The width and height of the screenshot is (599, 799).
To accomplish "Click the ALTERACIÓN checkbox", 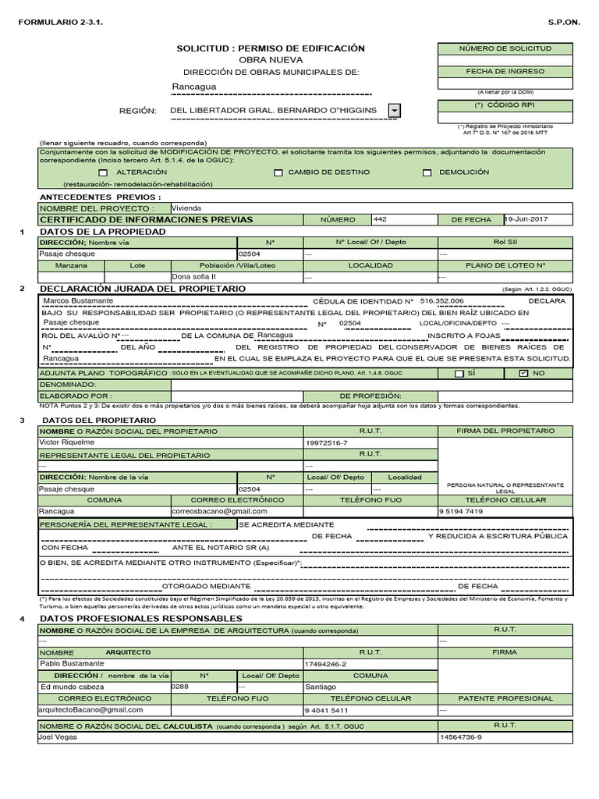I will pyautogui.click(x=103, y=172).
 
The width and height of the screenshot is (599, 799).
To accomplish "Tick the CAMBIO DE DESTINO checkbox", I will pyautogui.click(x=278, y=172).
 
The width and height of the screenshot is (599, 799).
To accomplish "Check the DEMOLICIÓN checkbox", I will pyautogui.click(x=427, y=172).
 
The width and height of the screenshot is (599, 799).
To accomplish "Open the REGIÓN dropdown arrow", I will pyautogui.click(x=395, y=111).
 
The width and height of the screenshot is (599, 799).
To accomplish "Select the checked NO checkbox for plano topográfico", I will pyautogui.click(x=523, y=374).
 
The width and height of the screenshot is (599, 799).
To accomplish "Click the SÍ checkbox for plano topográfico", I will pyautogui.click(x=459, y=374).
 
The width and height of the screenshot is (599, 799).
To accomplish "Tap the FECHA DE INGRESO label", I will pyautogui.click(x=505, y=70).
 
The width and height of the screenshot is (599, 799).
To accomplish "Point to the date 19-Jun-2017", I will pyautogui.click(x=526, y=219).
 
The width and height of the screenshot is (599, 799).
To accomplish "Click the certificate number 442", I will pyautogui.click(x=381, y=219).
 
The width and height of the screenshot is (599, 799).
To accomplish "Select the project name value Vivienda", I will pyautogui.click(x=186, y=208).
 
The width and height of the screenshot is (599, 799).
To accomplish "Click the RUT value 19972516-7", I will pyautogui.click(x=325, y=442).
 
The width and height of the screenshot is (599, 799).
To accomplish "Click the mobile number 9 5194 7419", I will pyautogui.click(x=462, y=511).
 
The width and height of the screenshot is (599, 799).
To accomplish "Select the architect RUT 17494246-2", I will pyautogui.click(x=325, y=663).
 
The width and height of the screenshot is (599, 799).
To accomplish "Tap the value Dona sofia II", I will pyautogui.click(x=193, y=276).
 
